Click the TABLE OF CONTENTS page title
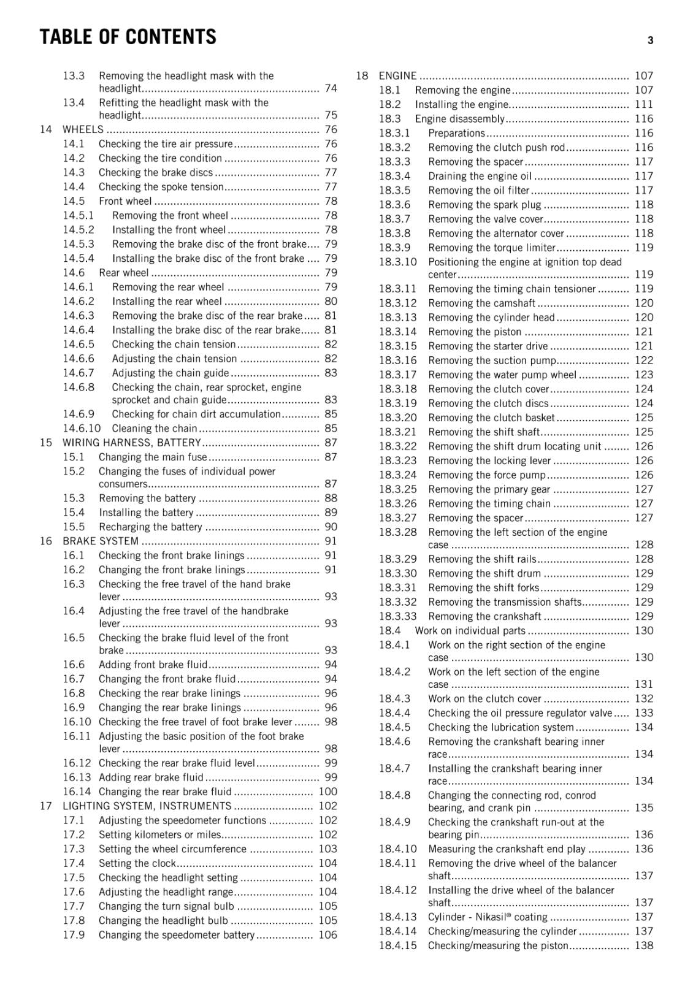pyautogui.click(x=128, y=37)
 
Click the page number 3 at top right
pyautogui.click(x=650, y=40)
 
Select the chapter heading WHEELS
pyautogui.click(x=83, y=129)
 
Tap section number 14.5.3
pyautogui.click(x=78, y=244)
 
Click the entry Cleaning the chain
pyautogui.click(x=155, y=429)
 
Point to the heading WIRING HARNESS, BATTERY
pyautogui.click(x=131, y=443)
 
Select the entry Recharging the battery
pyautogui.click(x=150, y=527)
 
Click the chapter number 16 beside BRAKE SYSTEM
pyautogui.click(x=46, y=541)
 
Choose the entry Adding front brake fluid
pyautogui.click(x=153, y=665)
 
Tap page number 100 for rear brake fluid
pyautogui.click(x=328, y=792)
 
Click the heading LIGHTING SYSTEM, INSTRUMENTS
pyautogui.click(x=147, y=806)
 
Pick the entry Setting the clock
pyautogui.click(x=137, y=863)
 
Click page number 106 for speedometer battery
pyautogui.click(x=328, y=935)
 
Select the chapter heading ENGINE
pyautogui.click(x=397, y=76)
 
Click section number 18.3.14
pyautogui.click(x=397, y=332)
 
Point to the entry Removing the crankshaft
pyautogui.click(x=484, y=616)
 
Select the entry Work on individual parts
pyautogui.click(x=470, y=631)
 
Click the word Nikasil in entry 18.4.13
pyautogui.click(x=486, y=917)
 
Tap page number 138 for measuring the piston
pyautogui.click(x=644, y=945)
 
